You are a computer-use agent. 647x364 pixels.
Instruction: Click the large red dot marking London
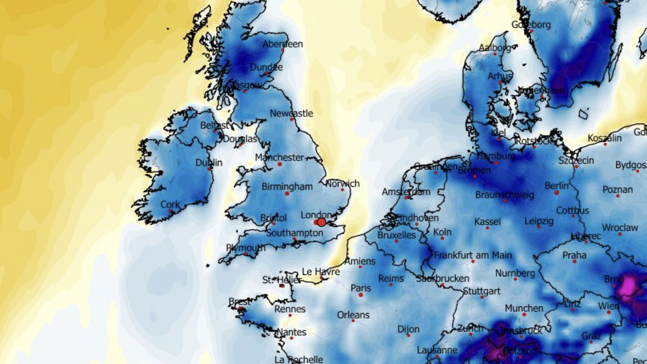point(321,223)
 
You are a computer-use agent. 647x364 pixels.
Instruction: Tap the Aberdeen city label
point(282,44)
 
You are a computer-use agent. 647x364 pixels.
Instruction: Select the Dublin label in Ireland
point(208,163)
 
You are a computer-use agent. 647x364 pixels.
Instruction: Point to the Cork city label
point(170,204)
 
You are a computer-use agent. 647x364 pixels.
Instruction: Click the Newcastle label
point(291,113)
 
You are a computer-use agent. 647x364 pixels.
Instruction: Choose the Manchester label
point(279,157)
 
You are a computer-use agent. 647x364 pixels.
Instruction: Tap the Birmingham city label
point(287,187)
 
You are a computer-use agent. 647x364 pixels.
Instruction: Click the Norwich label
point(342,184)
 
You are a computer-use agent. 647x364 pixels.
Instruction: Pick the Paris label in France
point(361,288)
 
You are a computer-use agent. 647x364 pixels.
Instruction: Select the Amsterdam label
point(406,192)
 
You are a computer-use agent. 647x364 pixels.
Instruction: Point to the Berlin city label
point(556,186)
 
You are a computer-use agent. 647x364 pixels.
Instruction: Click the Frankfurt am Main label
point(472,255)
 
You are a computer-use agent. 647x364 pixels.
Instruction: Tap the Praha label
point(574,255)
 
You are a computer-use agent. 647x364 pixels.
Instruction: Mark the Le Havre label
point(321,271)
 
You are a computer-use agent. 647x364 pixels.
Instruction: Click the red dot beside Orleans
point(353,321)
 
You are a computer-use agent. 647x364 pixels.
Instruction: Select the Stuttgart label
point(481,291)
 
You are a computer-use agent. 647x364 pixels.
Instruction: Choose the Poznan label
point(617,190)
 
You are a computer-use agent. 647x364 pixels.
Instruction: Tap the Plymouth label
point(245,248)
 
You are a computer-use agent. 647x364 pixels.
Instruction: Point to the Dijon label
point(408,329)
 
